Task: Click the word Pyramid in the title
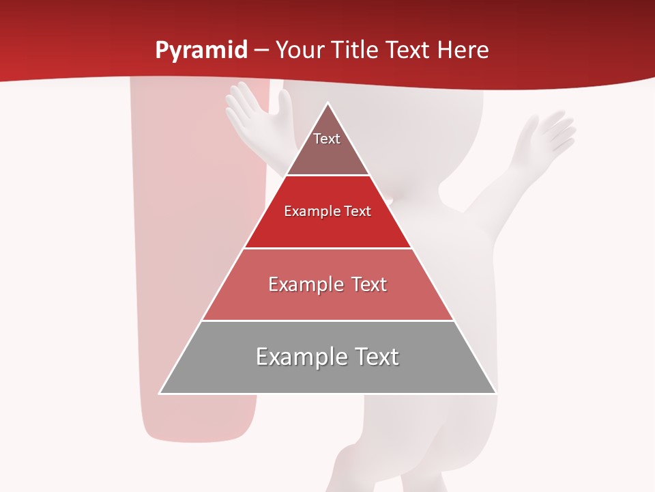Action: pos(201,51)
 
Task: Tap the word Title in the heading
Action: pos(353,51)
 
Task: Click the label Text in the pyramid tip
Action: pos(327,139)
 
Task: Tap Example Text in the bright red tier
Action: pos(327,211)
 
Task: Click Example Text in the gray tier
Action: pos(327,357)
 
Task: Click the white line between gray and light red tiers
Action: pos(327,320)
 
